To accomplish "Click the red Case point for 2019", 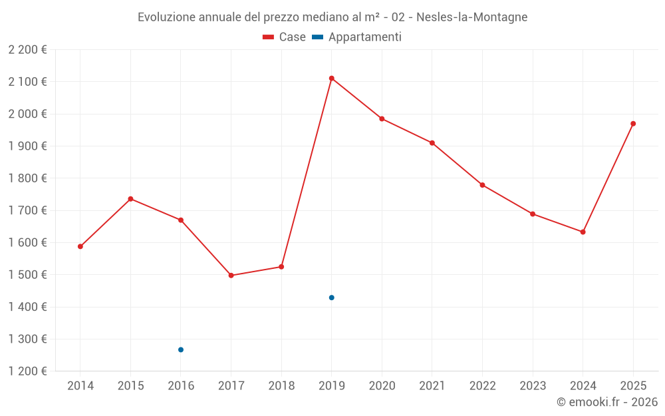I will click(331, 79).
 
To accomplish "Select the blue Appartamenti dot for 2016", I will click(181, 349).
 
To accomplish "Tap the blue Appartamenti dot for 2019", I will click(331, 298).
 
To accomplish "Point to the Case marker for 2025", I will click(633, 124).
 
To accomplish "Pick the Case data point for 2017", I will click(231, 276).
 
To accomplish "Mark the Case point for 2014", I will click(80, 246).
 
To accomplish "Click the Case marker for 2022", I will click(482, 185).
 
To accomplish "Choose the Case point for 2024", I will click(583, 232).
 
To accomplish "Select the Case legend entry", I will click(284, 37).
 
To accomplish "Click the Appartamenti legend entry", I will click(357, 37).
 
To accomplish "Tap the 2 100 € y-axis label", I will click(27, 82).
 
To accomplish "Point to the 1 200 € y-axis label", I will click(27, 371).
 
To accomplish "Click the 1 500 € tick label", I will click(27, 275).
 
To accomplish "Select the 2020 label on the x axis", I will click(382, 386).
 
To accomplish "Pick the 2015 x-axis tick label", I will click(130, 386).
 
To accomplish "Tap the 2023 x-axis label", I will click(533, 386).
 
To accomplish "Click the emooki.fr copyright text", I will click(607, 402).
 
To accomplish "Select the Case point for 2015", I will click(130, 199).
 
